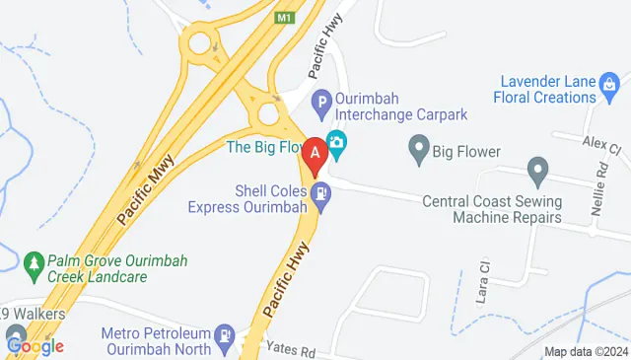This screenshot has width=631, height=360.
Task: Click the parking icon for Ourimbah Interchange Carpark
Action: pyautogui.click(x=321, y=100)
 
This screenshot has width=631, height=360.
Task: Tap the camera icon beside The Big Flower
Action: pyautogui.click(x=336, y=144)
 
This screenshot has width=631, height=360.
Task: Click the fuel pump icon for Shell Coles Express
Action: pyautogui.click(x=321, y=195)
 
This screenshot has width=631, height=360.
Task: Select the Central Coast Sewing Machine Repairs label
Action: pyautogui.click(x=492, y=209)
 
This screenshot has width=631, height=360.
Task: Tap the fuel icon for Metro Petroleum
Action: pyautogui.click(x=226, y=336)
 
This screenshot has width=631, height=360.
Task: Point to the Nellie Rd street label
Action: pyautogui.click(x=602, y=189)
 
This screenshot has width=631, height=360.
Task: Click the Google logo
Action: pyautogui.click(x=34, y=346)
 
